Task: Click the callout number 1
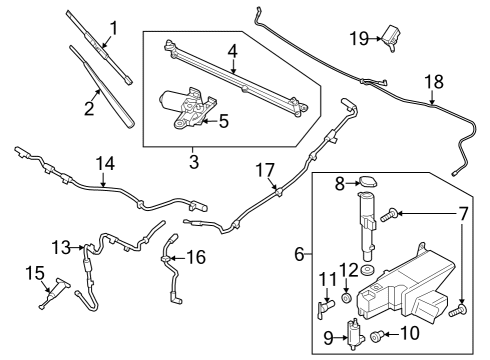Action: coord(113,27)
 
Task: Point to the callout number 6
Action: coord(299,256)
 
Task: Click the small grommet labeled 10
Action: coord(376,336)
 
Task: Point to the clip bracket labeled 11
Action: coord(325,299)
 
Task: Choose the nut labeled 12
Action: coord(346,297)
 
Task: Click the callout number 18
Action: coord(432,80)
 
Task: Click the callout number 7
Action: coord(462,213)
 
